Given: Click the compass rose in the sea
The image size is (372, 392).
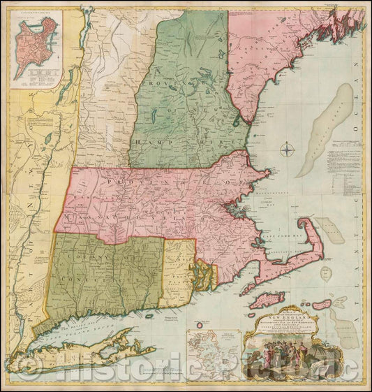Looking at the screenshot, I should (288, 149).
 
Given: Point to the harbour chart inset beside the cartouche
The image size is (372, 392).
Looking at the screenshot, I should (212, 342).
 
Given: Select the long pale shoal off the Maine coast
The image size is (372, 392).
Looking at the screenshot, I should (322, 131).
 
